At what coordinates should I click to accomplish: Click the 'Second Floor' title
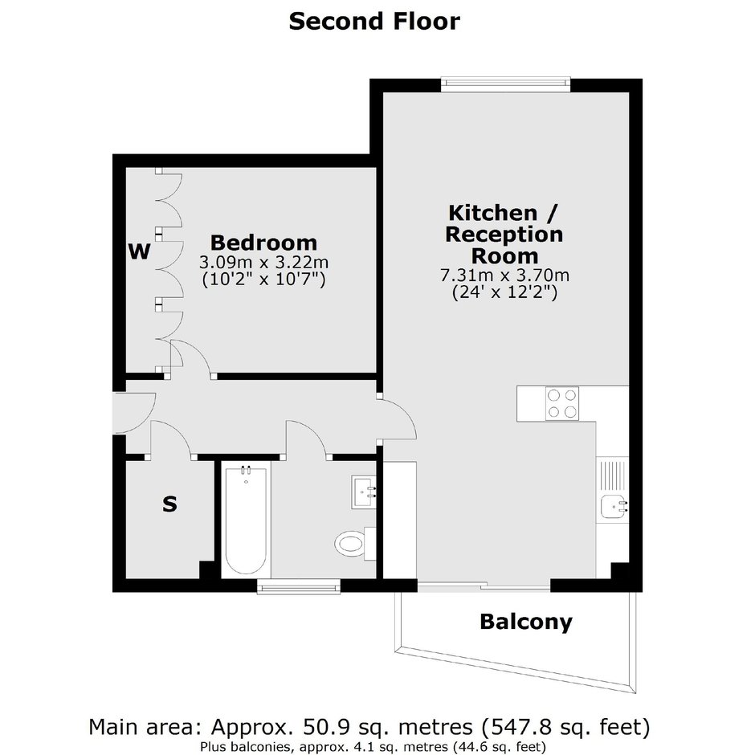click(374, 22)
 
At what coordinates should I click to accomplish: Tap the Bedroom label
click(264, 243)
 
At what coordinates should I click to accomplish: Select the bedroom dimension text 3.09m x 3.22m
click(264, 263)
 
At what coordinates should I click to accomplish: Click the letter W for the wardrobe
click(140, 251)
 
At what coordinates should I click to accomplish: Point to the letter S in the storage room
click(169, 504)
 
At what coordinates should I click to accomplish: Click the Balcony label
click(526, 622)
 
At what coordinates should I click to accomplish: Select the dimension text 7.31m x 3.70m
click(504, 275)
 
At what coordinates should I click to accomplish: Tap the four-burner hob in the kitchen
click(562, 403)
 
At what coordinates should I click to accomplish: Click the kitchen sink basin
click(614, 505)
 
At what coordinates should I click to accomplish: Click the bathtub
click(246, 519)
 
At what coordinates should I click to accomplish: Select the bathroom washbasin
click(364, 491)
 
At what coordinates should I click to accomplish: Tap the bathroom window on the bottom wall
click(299, 586)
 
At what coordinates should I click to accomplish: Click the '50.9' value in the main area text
click(320, 727)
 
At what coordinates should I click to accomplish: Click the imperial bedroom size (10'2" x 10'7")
click(264, 280)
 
